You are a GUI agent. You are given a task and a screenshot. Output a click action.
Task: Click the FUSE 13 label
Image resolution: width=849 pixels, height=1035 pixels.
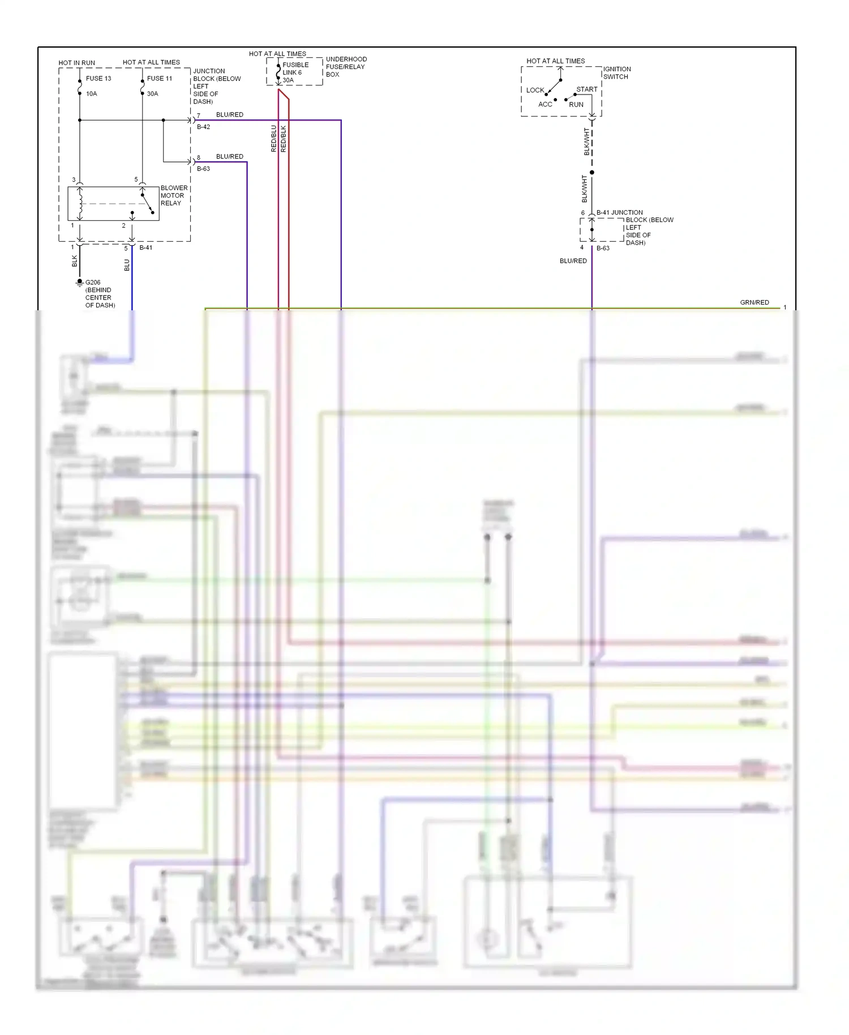[x=98, y=79]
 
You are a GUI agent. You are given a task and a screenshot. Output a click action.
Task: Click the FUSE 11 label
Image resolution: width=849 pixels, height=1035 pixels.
[x=159, y=79]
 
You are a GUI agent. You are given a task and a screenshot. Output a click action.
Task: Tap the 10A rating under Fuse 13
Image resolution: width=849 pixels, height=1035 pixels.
[x=91, y=94]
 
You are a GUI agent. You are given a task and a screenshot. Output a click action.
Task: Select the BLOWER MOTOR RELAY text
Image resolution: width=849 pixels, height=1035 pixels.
[x=173, y=196]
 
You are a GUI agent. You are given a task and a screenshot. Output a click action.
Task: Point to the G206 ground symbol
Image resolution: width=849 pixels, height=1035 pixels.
[x=79, y=282]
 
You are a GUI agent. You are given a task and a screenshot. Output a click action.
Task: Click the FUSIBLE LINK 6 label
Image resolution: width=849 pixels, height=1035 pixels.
[x=295, y=69]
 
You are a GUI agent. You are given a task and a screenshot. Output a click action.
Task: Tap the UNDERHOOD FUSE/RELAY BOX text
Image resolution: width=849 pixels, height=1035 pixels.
[x=346, y=67]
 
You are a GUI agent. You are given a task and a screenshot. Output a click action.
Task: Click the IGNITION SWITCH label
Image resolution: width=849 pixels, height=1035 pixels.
[x=616, y=73]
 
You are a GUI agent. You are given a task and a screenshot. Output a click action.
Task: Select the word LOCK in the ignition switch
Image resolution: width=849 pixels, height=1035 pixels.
[x=535, y=91]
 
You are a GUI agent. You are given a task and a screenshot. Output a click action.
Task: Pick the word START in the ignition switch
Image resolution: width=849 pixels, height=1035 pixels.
[x=586, y=89]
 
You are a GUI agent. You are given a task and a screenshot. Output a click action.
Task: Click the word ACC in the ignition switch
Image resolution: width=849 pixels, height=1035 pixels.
[x=545, y=105]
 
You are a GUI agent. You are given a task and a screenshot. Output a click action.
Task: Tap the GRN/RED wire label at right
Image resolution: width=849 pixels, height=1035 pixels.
[x=754, y=303]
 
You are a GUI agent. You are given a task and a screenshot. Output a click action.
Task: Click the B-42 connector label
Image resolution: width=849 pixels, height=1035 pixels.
[x=203, y=127]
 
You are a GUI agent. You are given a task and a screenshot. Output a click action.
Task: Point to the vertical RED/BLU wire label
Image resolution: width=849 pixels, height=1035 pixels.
[x=274, y=139]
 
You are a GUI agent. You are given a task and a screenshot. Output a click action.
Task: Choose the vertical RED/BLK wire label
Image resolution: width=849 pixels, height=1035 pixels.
[x=284, y=139]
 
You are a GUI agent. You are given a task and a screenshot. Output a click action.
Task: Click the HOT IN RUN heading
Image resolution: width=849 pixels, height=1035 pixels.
[x=76, y=63]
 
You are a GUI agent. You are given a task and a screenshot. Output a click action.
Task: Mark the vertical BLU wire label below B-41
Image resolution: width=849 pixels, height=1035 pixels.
[x=127, y=265]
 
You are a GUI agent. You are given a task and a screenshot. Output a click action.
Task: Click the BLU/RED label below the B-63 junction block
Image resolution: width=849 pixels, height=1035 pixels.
[x=573, y=261]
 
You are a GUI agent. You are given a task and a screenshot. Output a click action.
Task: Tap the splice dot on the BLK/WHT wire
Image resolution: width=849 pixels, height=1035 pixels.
[x=592, y=172]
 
